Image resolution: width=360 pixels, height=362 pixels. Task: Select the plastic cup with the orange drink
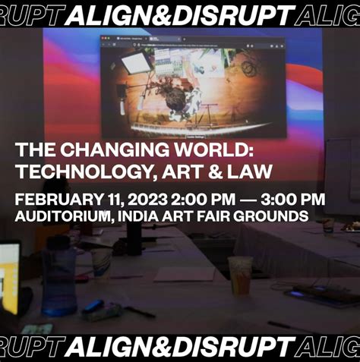click(239, 275)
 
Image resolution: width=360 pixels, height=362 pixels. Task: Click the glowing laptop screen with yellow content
click(9, 277)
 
